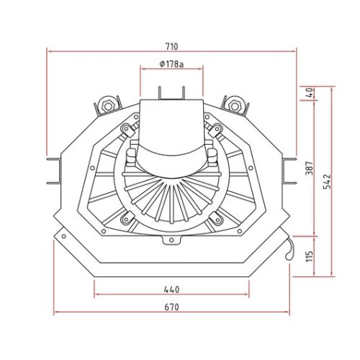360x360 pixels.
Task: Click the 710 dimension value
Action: pos(172,46)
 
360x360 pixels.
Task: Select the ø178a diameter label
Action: pos(171,64)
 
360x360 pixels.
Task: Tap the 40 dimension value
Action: pos(310,93)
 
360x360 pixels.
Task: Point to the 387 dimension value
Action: pos(310,168)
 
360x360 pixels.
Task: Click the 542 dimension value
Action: pos(327,181)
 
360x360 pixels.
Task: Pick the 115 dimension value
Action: pos(310,256)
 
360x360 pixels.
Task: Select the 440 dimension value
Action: pos(171,289)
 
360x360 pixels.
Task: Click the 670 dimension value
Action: pos(171,307)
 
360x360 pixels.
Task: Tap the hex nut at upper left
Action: pos(108,105)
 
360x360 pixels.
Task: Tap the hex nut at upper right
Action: pos(234,105)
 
